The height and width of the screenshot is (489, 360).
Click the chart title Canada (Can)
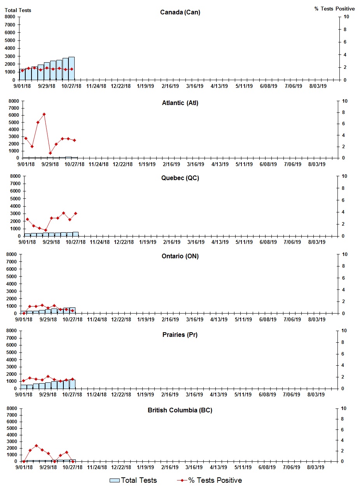point(180,12)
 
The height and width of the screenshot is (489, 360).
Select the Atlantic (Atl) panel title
point(180,103)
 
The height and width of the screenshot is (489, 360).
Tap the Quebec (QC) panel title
point(180,178)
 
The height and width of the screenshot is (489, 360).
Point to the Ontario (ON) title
point(180,256)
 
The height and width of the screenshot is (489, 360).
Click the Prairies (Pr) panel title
point(180,335)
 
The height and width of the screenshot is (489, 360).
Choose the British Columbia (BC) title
point(180,410)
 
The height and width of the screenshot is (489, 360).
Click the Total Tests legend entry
point(133,480)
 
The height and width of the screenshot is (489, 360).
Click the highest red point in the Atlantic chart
point(44,114)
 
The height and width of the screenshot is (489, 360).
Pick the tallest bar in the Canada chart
point(72,68)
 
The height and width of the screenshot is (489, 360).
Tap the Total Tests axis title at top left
point(18,10)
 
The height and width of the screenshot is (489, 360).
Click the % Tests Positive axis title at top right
point(334,9)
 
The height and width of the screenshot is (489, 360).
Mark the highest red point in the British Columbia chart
point(36,446)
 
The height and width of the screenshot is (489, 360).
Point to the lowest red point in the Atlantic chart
point(50,153)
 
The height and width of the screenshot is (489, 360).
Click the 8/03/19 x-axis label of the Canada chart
point(318,86)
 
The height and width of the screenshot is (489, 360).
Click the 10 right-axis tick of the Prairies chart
point(343,331)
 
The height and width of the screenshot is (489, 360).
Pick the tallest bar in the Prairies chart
point(72,384)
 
